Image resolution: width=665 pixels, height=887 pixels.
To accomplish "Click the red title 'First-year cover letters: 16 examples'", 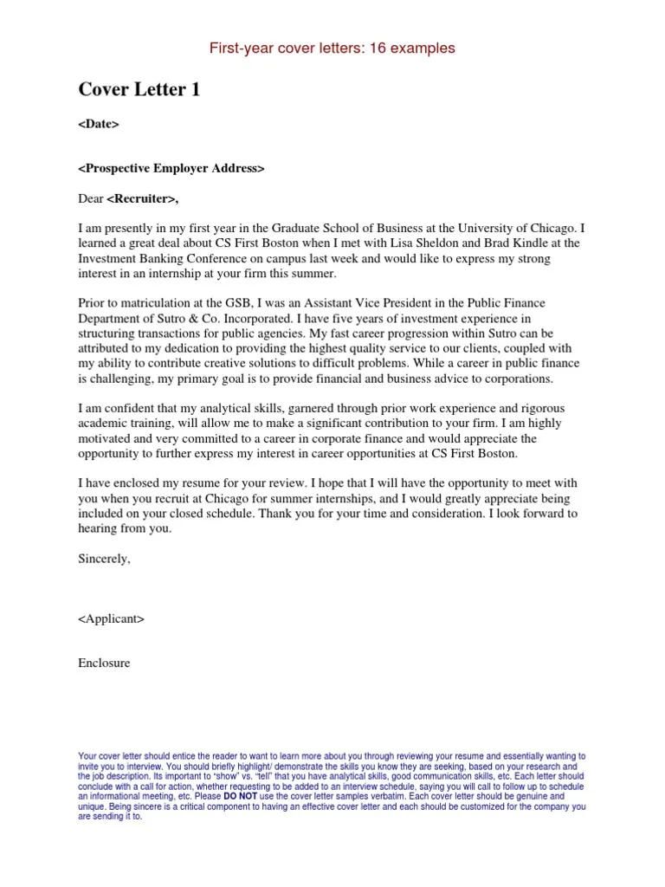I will point(332,49).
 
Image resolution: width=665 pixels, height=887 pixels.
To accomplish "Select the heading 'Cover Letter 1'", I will point(139,89).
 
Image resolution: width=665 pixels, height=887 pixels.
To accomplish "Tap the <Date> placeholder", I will point(98,124).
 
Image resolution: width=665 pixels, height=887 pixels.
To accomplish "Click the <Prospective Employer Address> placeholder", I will point(171,168).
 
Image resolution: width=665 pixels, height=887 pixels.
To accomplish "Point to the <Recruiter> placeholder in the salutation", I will point(143,198).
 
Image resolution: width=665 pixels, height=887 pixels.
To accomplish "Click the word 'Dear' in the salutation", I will point(91,198).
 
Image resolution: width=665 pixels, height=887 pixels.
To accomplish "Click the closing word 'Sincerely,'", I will point(104,559).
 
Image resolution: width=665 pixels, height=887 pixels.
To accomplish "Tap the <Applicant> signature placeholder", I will point(111,618).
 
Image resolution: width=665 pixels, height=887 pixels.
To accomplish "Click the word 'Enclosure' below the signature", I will point(104,664).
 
